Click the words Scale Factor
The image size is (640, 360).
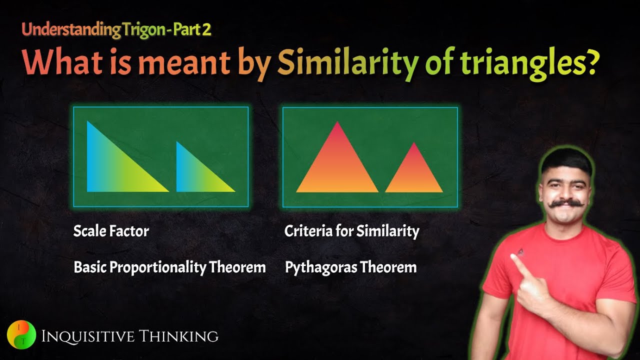pyautogui.click(x=111, y=231)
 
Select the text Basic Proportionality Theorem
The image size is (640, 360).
pyautogui.click(x=169, y=267)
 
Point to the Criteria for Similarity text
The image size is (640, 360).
pyautogui.click(x=351, y=231)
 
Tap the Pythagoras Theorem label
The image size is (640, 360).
pyautogui.click(x=350, y=267)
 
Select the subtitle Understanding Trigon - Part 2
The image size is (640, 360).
pyautogui.click(x=116, y=29)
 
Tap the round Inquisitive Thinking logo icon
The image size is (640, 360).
pyautogui.click(x=21, y=334)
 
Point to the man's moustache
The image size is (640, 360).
pyautogui.click(x=566, y=203)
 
